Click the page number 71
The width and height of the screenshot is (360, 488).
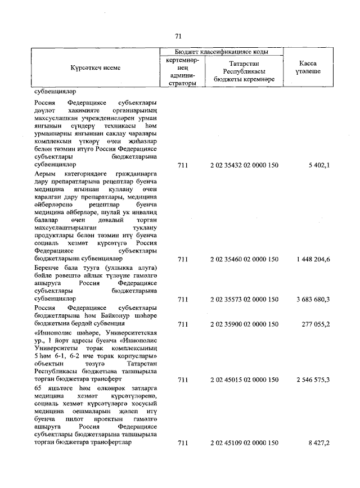[178, 37]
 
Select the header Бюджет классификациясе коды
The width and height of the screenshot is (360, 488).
[221, 51]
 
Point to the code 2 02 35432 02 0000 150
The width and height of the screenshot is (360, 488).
[244, 165]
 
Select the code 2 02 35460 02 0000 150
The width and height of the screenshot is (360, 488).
[244, 259]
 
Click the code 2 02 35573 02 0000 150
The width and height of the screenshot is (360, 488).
[244, 300]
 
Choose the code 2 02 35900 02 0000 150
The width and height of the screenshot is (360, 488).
[244, 324]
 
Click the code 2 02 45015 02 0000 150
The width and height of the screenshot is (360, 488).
[244, 380]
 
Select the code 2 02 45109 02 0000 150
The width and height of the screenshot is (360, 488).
[244, 443]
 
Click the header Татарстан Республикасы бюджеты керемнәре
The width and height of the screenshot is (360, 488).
[244, 71]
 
